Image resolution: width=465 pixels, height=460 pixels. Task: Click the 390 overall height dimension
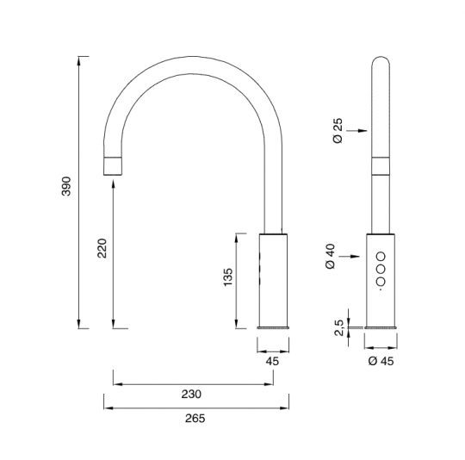click(66, 186)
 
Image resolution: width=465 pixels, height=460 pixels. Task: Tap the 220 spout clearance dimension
click(102, 248)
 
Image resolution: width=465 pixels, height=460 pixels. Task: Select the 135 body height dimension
click(228, 277)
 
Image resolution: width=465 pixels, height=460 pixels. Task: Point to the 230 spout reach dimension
click(191, 395)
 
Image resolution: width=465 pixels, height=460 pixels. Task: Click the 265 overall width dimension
click(195, 419)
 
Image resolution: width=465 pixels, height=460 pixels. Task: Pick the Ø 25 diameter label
click(338, 131)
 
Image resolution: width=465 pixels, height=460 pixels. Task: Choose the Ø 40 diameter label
click(331, 256)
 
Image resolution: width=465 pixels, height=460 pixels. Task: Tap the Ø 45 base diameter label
click(381, 361)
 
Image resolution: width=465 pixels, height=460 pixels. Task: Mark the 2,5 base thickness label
click(339, 327)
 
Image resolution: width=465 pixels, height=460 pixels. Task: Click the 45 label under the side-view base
click(272, 361)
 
